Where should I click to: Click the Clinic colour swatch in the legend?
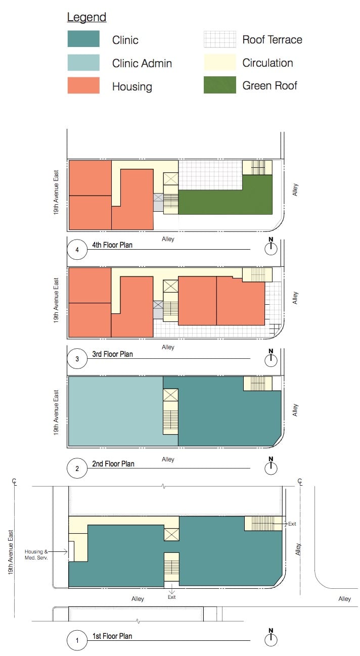point(83,38)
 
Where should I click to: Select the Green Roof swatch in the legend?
point(219,85)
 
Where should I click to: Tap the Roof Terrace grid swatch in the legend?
point(219,39)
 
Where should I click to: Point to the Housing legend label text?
point(132,87)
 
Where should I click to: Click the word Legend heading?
point(86,17)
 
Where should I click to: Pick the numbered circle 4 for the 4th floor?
point(77,250)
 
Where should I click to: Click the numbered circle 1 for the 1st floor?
point(77,640)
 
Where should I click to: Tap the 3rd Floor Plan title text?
point(112,354)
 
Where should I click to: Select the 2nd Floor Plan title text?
point(113,464)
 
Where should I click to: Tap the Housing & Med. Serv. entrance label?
point(36,554)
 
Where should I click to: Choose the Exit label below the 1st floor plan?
point(171,597)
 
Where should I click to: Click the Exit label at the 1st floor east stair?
point(292,524)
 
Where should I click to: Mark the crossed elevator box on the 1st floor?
point(171,535)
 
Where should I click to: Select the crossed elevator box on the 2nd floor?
point(170,395)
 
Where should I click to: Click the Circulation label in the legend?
point(268,63)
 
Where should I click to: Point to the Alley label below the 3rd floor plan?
point(168,347)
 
